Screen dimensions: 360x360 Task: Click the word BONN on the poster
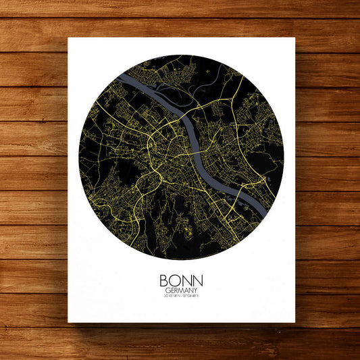click(x=180, y=279)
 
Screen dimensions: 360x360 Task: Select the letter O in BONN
click(x=175, y=279)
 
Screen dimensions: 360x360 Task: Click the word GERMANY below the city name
click(x=180, y=289)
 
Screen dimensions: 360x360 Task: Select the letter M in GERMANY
click(x=180, y=289)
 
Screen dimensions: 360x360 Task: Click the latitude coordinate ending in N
click(x=172, y=296)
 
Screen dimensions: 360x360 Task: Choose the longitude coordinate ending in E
click(x=190, y=296)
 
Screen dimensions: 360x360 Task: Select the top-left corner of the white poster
click(x=68, y=38)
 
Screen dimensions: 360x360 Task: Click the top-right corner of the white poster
click(x=295, y=38)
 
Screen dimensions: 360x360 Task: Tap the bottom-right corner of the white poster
click(x=295, y=323)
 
